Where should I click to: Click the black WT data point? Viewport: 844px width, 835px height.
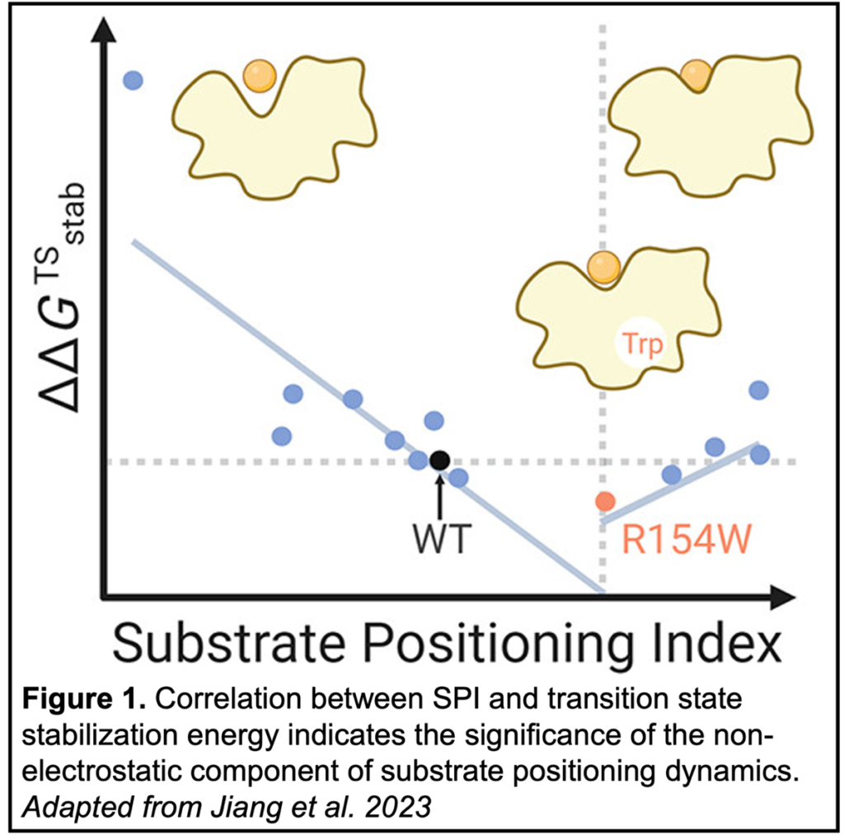click(440, 460)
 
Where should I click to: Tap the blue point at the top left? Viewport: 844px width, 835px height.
click(133, 80)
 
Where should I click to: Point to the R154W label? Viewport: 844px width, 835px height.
click(686, 543)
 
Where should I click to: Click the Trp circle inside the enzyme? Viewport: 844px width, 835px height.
click(640, 344)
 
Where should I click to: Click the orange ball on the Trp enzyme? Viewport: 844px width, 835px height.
click(605, 268)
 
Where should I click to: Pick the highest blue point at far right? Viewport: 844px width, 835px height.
click(758, 389)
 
